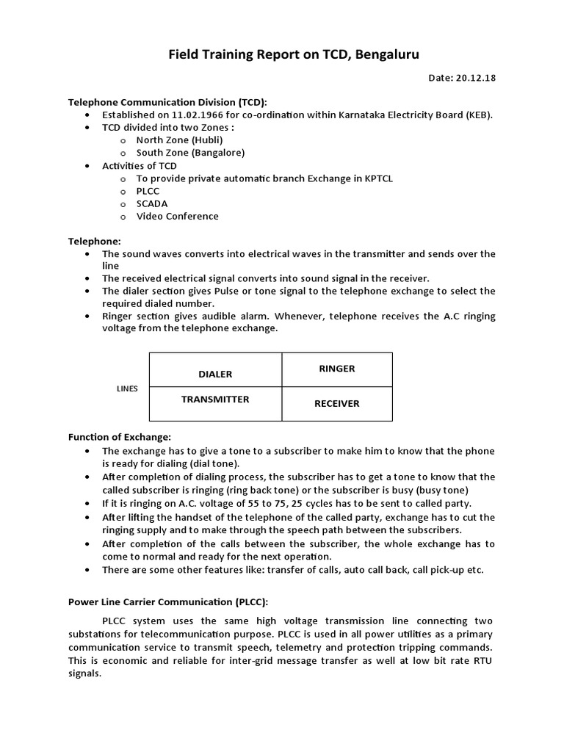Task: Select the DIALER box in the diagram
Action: tap(215, 374)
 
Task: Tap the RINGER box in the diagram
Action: tap(336, 369)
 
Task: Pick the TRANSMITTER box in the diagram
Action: tap(215, 399)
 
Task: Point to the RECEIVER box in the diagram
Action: tap(336, 403)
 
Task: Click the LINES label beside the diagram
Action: tap(127, 388)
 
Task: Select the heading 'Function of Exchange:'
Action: tap(120, 437)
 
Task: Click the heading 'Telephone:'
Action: tap(95, 241)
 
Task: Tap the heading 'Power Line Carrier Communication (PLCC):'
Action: tap(168, 601)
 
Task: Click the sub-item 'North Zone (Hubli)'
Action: tap(179, 140)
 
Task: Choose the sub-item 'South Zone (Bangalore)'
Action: tap(190, 153)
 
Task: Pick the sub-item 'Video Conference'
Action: tap(177, 216)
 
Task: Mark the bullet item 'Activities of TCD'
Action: tap(139, 166)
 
